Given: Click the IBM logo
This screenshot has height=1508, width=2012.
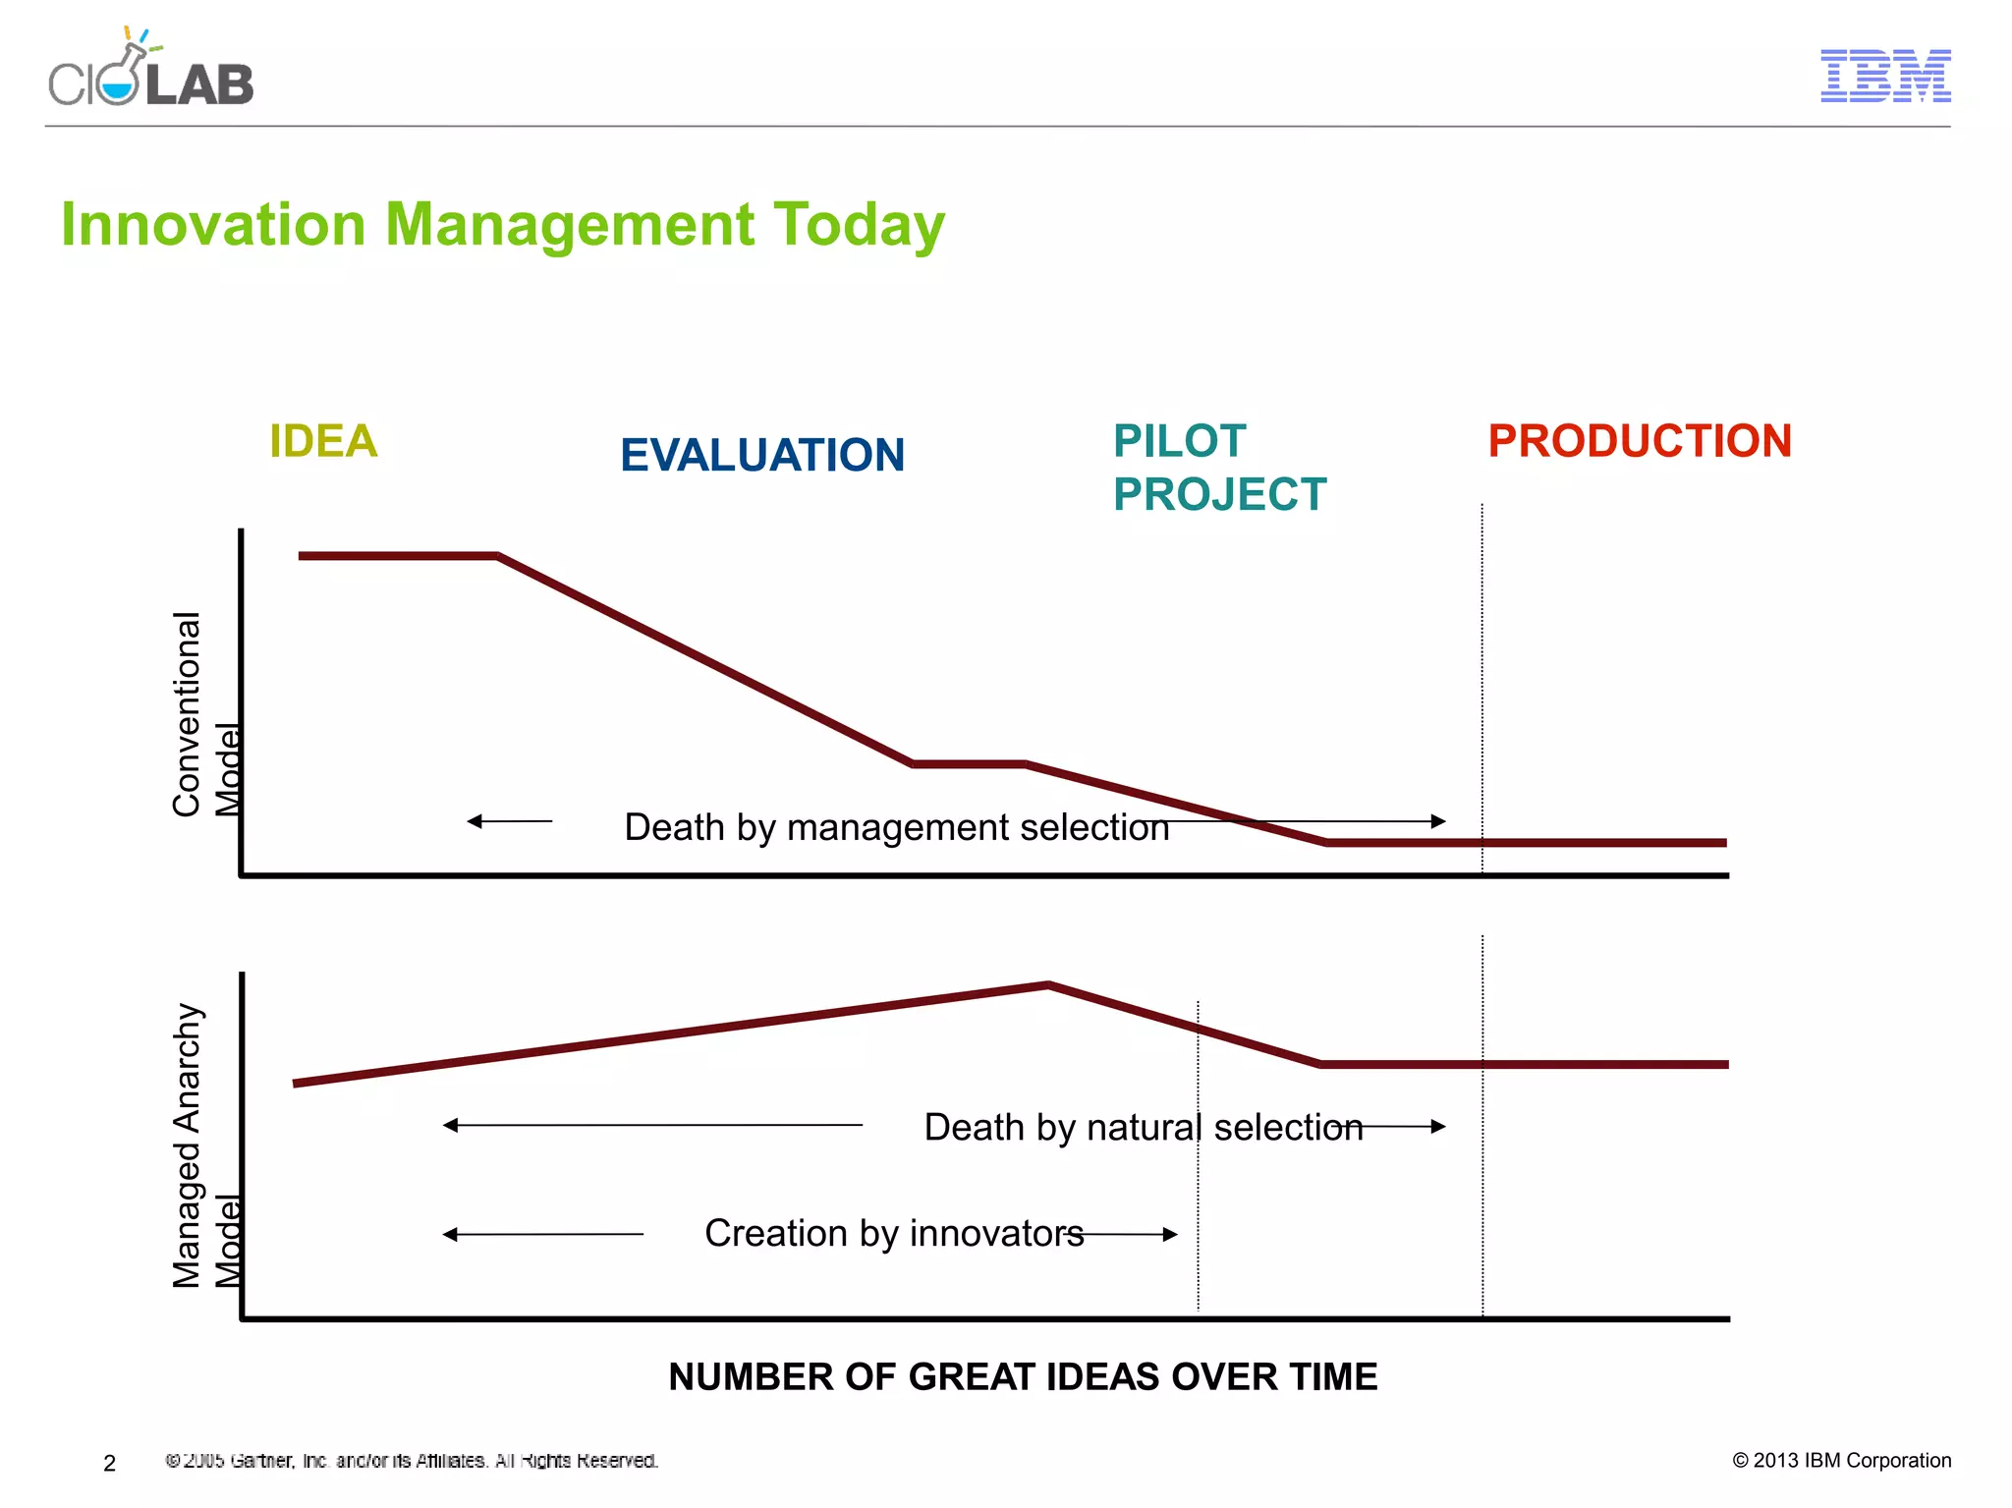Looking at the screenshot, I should [x=1885, y=76].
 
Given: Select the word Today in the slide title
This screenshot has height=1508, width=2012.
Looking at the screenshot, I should [x=859, y=225].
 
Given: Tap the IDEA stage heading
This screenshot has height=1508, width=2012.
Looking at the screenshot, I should [x=323, y=441].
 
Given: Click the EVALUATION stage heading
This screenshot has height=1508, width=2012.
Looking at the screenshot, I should [x=762, y=456].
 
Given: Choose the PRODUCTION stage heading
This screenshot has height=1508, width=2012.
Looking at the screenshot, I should [x=1640, y=441].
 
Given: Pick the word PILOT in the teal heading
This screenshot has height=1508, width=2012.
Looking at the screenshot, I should [x=1179, y=441].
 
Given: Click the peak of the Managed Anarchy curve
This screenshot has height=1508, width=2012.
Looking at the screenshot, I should [x=1048, y=983].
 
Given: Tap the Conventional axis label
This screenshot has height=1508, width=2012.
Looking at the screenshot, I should [x=187, y=714].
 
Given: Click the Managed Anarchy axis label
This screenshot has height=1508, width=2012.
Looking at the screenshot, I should [x=187, y=1145].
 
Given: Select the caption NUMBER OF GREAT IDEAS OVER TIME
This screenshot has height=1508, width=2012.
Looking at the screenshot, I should [x=1023, y=1376].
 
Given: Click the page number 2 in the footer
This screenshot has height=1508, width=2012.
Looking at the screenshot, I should [x=110, y=1463].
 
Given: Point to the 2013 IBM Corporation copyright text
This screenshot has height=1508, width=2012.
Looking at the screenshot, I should [x=1841, y=1460].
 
